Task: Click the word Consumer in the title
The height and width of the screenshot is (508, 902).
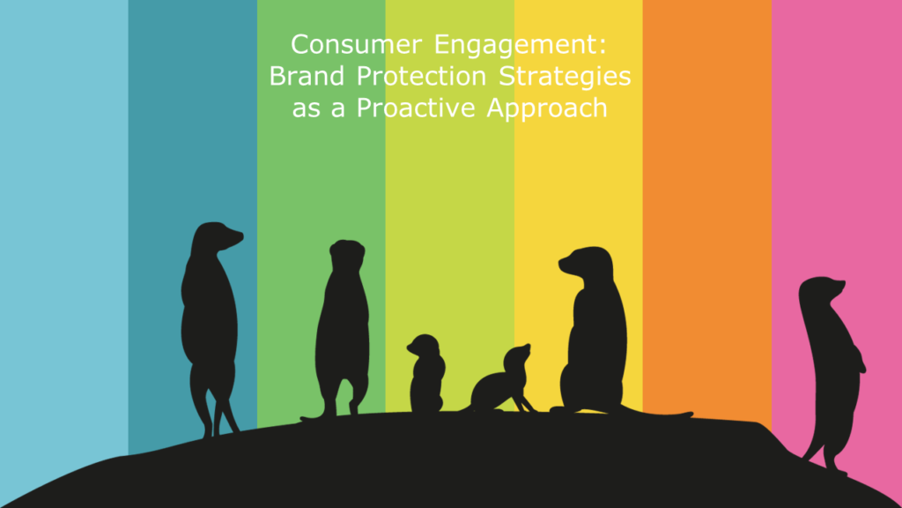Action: click(x=357, y=44)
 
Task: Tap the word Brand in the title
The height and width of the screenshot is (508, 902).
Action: click(x=307, y=76)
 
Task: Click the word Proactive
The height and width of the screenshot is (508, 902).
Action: click(x=416, y=107)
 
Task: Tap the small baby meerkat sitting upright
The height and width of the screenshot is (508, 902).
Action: click(x=426, y=374)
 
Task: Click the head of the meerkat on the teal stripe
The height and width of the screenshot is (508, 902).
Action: click(x=218, y=236)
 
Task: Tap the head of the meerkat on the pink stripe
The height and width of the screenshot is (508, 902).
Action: click(x=822, y=289)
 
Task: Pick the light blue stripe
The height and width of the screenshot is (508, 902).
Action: click(x=63, y=230)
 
